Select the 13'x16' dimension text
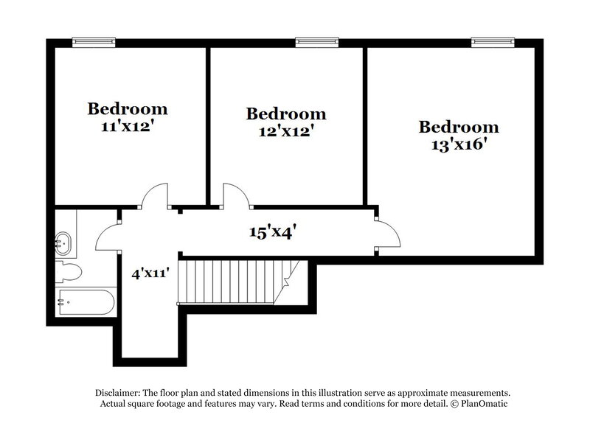pos(458,144)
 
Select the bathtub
pos(84,301)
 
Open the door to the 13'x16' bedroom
pos(388,234)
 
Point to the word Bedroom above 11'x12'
pos(128,109)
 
